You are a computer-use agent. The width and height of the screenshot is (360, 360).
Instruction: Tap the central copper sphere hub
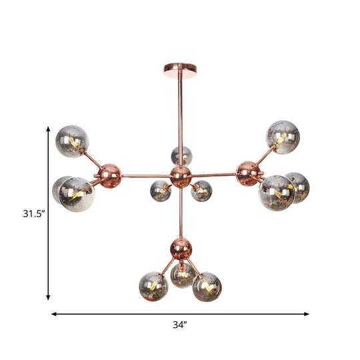pyautogui.click(x=180, y=177)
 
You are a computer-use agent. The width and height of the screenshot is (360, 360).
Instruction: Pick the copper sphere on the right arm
pyautogui.click(x=248, y=174)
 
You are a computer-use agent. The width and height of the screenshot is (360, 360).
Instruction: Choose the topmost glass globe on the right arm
pyautogui.click(x=283, y=137)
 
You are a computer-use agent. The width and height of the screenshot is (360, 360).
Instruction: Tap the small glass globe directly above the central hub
pyautogui.click(x=181, y=156)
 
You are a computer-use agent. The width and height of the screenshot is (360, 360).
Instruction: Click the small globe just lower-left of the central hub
pyautogui.click(x=160, y=191)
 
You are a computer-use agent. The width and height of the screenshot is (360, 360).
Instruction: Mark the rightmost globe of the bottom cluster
pyautogui.click(x=207, y=286)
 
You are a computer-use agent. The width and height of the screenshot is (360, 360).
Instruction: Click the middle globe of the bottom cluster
pyautogui.click(x=181, y=274)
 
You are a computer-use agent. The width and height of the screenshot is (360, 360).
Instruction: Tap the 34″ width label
pyautogui.click(x=179, y=325)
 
